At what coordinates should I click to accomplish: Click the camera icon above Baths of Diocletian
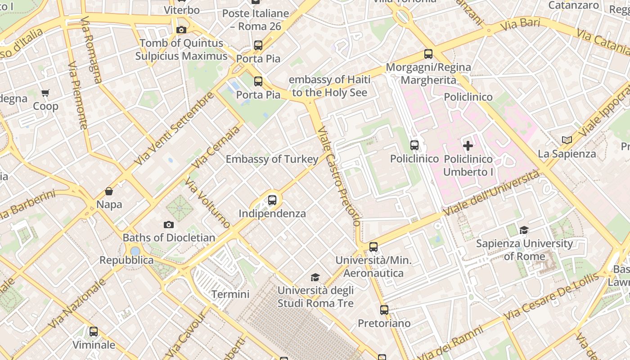[x=168, y=225]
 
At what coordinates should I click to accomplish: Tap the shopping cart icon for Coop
[x=45, y=93]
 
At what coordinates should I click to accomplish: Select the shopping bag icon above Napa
[x=109, y=191]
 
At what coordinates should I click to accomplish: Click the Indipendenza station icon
[x=272, y=200]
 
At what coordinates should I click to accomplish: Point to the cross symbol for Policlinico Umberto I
[x=468, y=146]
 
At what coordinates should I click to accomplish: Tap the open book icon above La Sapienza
[x=567, y=140]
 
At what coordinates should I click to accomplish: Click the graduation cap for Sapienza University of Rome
[x=524, y=230]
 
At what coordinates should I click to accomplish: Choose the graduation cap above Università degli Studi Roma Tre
[x=315, y=277]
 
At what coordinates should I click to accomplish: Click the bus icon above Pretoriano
[x=384, y=310]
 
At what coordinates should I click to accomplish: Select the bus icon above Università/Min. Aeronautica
[x=373, y=247]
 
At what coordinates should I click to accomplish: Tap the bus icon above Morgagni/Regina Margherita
[x=428, y=54]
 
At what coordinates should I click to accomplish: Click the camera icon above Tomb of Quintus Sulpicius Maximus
[x=181, y=30]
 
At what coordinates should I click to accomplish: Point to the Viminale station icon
[x=94, y=332]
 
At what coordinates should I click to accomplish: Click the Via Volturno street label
[x=207, y=203]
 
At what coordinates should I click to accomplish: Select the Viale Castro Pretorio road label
[x=338, y=176]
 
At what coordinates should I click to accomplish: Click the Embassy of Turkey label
[x=272, y=159]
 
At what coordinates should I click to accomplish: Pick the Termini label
[x=230, y=294]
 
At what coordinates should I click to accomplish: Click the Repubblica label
[x=126, y=260]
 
